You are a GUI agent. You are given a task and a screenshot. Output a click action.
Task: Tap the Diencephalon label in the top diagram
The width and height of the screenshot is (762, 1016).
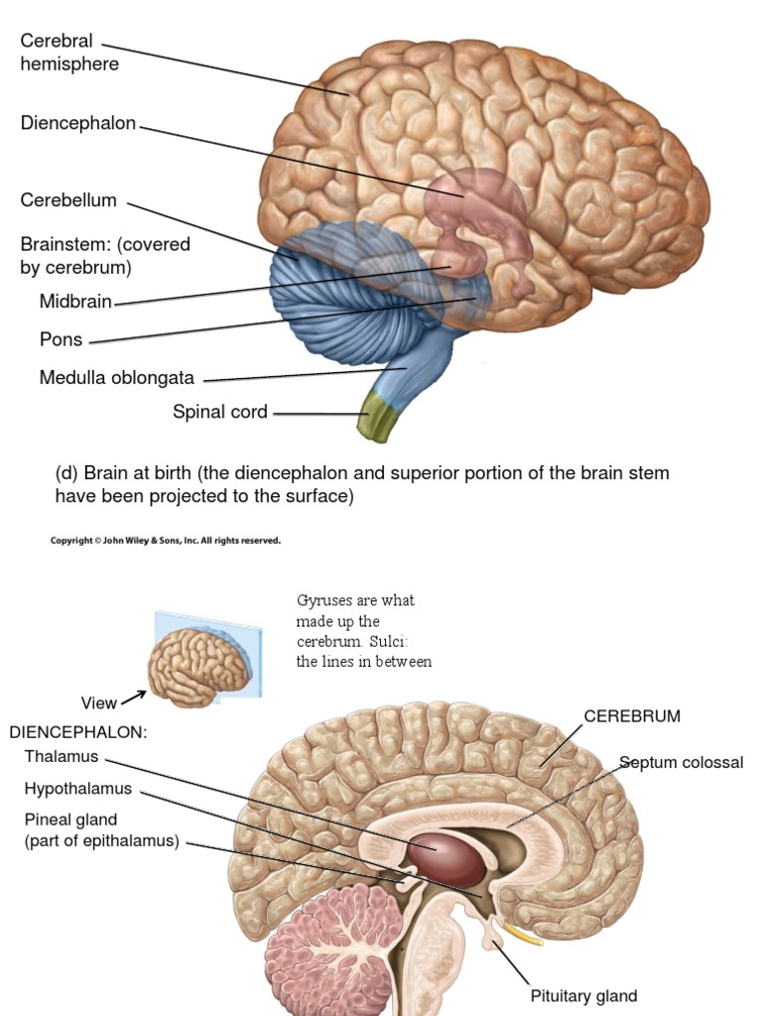pyautogui.click(x=77, y=123)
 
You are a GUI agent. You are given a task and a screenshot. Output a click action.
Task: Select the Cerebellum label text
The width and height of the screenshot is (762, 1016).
pyautogui.click(x=68, y=200)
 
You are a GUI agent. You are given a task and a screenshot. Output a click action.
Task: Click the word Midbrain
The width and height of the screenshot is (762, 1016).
pyautogui.click(x=75, y=302)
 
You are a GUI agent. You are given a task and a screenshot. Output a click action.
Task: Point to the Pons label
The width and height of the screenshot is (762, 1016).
pyautogui.click(x=61, y=340)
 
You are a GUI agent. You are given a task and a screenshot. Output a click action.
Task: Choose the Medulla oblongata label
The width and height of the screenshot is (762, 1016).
pyautogui.click(x=117, y=378)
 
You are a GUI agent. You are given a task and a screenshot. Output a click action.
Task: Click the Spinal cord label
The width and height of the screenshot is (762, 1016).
pyautogui.click(x=220, y=412)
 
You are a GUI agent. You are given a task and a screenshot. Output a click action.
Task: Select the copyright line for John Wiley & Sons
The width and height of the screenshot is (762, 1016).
pyautogui.click(x=166, y=541)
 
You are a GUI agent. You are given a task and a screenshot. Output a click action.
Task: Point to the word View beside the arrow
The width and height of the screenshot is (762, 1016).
pyautogui.click(x=98, y=703)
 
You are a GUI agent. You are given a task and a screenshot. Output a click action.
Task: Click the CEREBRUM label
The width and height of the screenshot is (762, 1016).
pyautogui.click(x=632, y=716)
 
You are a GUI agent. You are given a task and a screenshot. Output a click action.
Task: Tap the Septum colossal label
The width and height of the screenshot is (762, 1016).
pyautogui.click(x=681, y=763)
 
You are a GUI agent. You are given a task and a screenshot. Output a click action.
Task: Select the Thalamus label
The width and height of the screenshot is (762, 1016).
pyautogui.click(x=63, y=756)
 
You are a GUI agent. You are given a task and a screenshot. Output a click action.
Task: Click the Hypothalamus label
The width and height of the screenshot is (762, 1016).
pyautogui.click(x=78, y=789)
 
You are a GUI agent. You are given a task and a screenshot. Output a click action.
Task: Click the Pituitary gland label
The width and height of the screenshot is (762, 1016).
pyautogui.click(x=583, y=996)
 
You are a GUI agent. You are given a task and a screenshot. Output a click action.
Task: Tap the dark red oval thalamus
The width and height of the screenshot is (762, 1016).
pyautogui.click(x=446, y=858)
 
